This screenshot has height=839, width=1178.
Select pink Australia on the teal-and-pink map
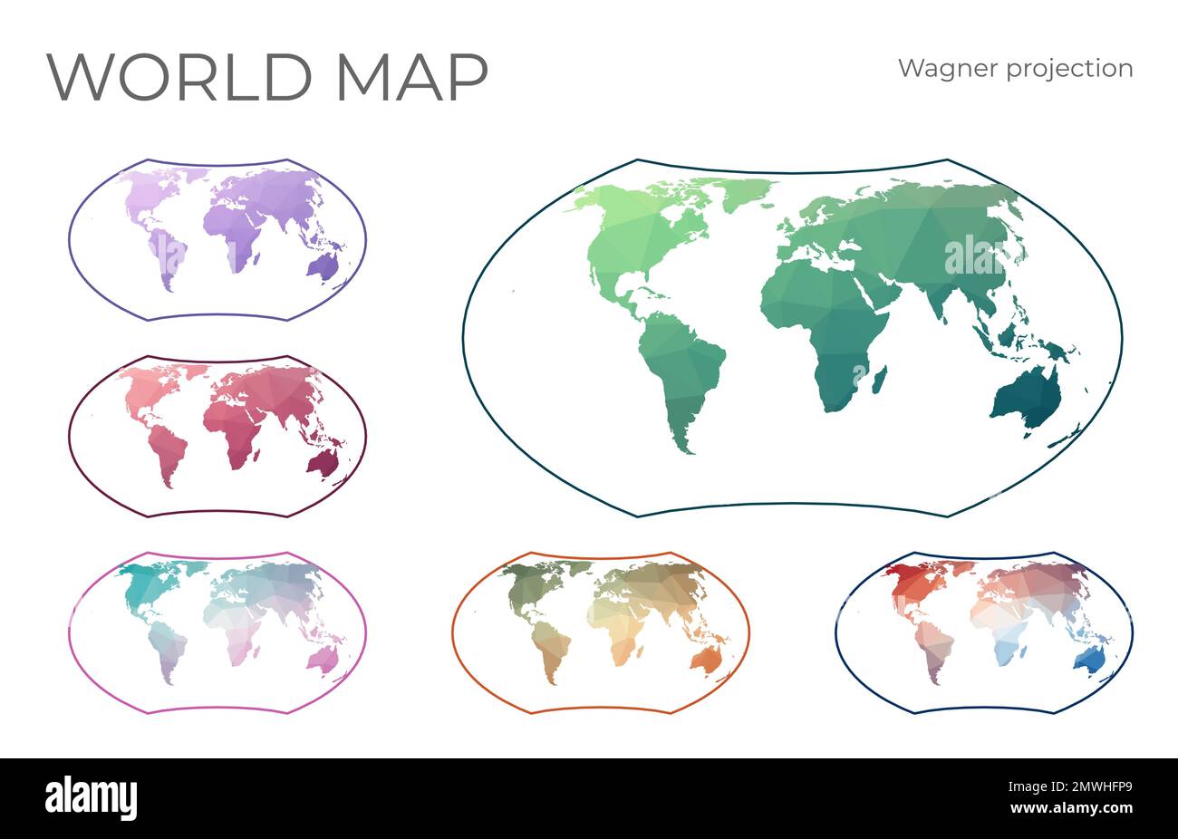click(x=322, y=660)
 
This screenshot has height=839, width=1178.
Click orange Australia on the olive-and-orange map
click(x=705, y=660)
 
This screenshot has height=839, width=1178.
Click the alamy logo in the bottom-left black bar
click(x=92, y=798)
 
